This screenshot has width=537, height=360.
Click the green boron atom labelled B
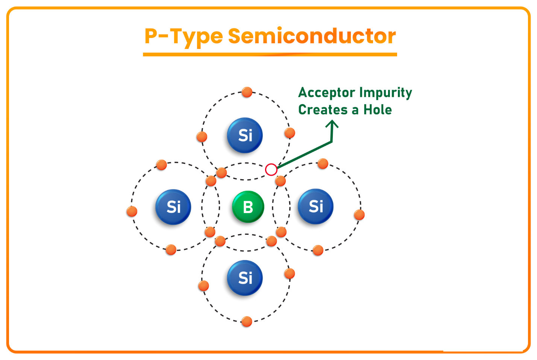[248, 207]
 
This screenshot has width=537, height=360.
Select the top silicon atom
[245, 135]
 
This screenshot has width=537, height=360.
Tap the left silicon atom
[173, 207]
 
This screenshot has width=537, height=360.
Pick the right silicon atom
[316, 206]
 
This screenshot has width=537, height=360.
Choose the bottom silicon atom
[245, 278]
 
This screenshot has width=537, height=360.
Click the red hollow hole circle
[271, 170]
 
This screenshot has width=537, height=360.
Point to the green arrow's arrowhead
[332, 123]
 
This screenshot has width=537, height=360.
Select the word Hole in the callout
[377, 110]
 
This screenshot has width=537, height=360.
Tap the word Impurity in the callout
[386, 93]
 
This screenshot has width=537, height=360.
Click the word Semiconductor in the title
[312, 36]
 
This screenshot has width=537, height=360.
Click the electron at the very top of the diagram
[247, 92]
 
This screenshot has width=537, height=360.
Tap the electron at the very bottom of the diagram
[247, 322]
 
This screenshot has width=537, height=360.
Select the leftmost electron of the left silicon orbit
[132, 211]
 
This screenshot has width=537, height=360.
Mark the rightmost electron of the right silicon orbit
[359, 215]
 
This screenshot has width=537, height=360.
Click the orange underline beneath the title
[270, 55]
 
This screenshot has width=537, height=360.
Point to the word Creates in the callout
[323, 110]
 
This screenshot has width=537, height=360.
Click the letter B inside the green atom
[248, 207]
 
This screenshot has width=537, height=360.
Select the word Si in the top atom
[245, 135]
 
